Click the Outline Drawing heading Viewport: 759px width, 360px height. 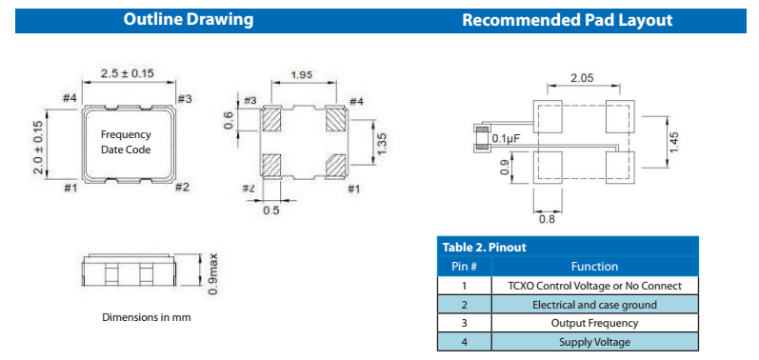pos(188,20)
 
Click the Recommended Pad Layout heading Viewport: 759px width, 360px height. pos(567,20)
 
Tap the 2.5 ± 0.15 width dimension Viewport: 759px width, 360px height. pos(127,73)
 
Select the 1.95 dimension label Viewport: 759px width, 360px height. pos(301,74)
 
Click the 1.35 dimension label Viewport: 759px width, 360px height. pos(381,145)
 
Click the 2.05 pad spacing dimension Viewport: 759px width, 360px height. pos(582,78)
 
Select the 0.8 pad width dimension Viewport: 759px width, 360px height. pos(547,220)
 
